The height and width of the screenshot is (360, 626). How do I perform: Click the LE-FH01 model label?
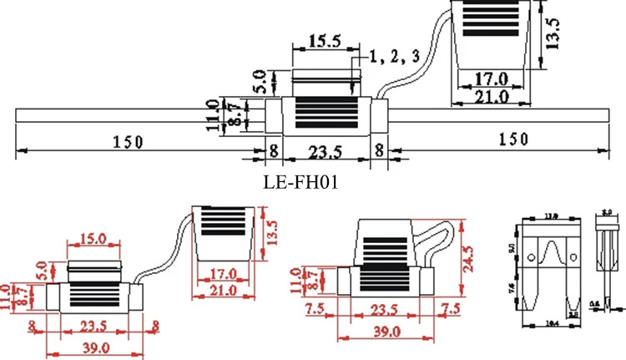tap(300, 180)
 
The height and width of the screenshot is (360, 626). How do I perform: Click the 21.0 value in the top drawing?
tap(491, 97)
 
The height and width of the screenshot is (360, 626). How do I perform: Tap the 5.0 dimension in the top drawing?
tap(259, 81)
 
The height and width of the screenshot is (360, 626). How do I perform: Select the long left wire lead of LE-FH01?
tap(134, 117)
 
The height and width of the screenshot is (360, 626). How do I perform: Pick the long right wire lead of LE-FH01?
tap(501, 117)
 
